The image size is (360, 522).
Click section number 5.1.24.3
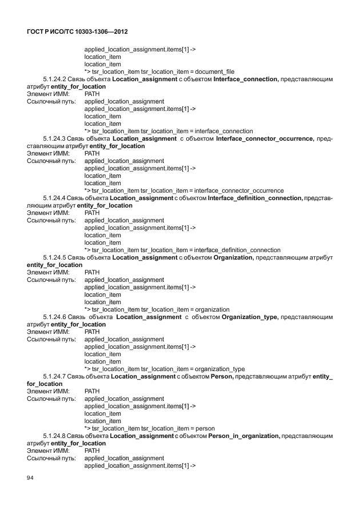tap(54, 138)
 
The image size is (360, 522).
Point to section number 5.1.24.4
tap(54, 198)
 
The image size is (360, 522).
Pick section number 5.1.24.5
tap(54, 257)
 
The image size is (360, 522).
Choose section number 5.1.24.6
tap(54, 317)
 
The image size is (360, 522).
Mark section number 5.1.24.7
tap(54, 376)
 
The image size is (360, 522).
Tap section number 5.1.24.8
tap(54, 436)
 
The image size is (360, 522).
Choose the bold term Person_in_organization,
tap(239, 436)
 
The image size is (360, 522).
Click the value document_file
tap(215, 71)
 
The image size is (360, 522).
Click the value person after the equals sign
tap(205, 428)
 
